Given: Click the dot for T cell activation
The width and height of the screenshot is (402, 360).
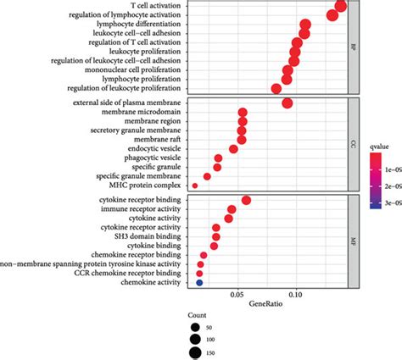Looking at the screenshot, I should click(x=341, y=8).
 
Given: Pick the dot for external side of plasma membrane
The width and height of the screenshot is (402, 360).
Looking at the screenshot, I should click(x=288, y=103).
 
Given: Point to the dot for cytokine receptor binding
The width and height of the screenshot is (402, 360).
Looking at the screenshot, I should click(x=246, y=200).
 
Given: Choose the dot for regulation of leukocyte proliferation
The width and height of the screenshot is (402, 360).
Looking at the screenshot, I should click(x=276, y=88).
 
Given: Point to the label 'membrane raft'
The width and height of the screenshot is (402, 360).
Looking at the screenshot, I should click(x=155, y=140).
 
